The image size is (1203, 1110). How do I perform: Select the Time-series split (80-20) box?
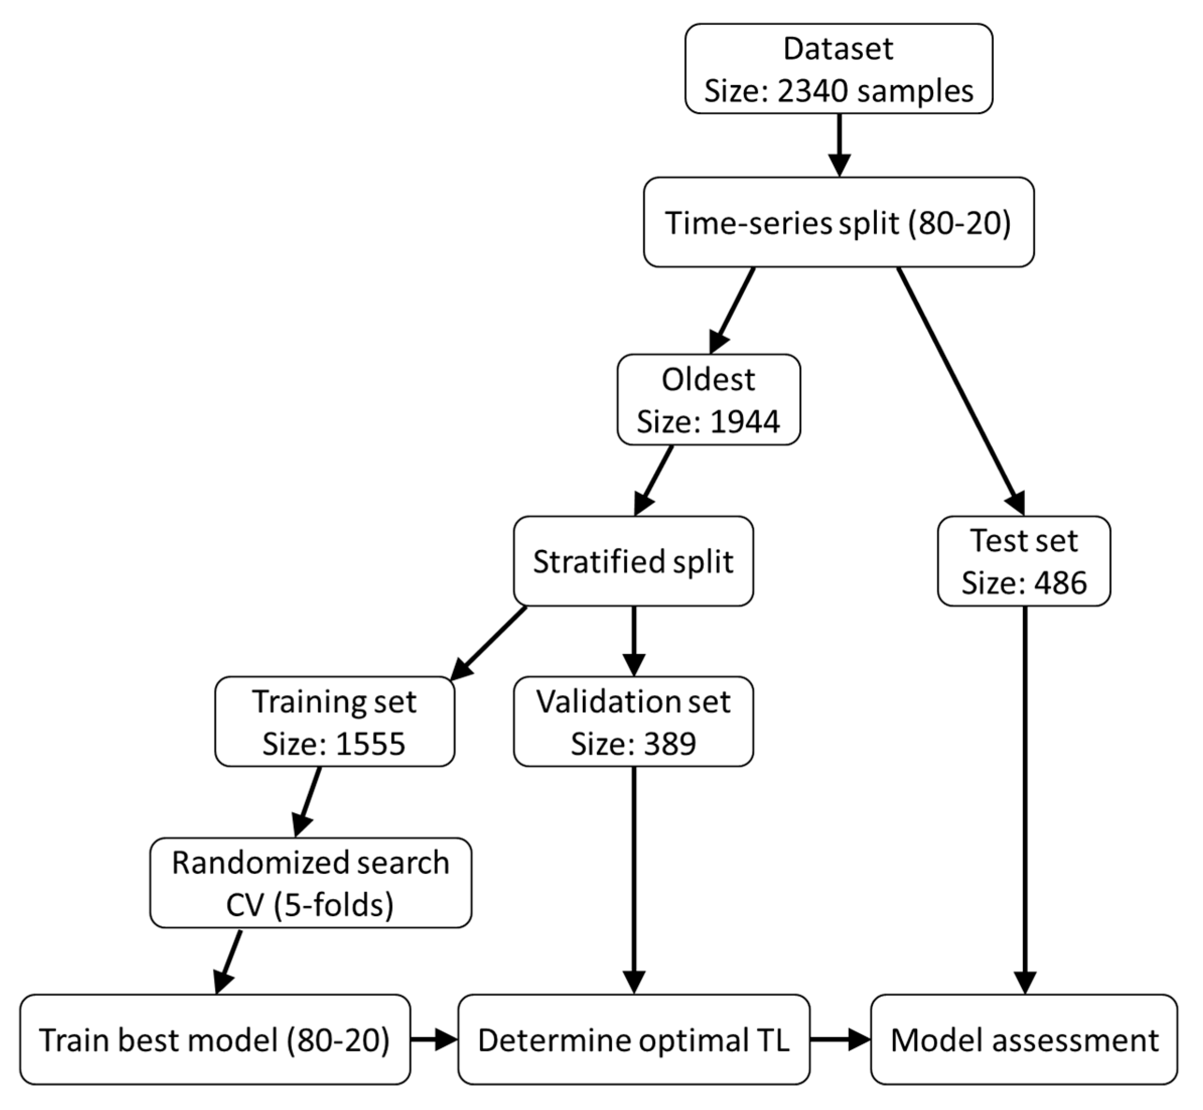[838, 222]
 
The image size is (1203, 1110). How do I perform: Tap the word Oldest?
[708, 379]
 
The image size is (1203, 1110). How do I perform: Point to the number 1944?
[744, 421]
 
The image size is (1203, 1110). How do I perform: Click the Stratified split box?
[633, 561]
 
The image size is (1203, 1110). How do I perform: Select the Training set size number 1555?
[370, 743]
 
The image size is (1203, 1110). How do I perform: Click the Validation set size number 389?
[669, 743]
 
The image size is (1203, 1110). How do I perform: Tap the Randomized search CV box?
[311, 883]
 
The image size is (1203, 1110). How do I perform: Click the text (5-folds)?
[334, 905]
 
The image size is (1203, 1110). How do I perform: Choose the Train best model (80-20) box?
[214, 1040]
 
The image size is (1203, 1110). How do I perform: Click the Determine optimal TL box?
[633, 1040]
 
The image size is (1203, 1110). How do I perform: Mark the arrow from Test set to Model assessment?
[1024, 799]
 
